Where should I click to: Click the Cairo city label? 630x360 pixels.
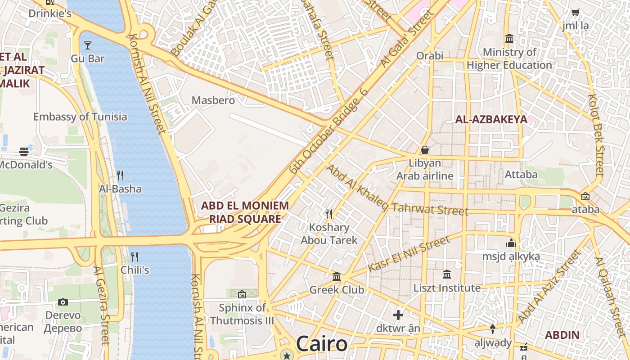click(x=322, y=344)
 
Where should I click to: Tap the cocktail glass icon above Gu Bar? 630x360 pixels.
click(x=88, y=45)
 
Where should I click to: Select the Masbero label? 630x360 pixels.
click(x=213, y=100)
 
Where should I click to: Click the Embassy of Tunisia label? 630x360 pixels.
click(x=80, y=117)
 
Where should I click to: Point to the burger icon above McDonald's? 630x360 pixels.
click(x=24, y=152)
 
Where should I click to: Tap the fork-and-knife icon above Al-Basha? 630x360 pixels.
click(x=120, y=175)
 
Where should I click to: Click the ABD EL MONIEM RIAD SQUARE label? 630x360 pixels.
click(x=245, y=212)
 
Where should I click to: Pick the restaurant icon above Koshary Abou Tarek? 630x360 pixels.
click(x=329, y=214)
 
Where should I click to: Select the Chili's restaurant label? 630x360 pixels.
click(x=135, y=270)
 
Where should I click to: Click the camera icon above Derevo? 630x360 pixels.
click(x=63, y=302)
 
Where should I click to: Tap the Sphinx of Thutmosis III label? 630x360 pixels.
click(x=242, y=315)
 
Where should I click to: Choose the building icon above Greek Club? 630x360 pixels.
click(x=337, y=276)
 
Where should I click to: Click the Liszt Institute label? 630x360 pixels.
click(x=447, y=288)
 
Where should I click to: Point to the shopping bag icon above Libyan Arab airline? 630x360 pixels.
click(x=424, y=149)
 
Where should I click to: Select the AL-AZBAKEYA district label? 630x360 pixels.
click(x=491, y=120)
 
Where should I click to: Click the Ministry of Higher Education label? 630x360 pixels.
click(x=509, y=59)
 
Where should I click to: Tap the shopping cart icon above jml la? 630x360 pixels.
click(x=575, y=13)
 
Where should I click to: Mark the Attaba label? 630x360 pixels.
click(x=521, y=174)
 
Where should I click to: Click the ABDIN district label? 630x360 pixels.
click(x=562, y=335)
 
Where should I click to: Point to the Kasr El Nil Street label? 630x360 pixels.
click(x=408, y=254)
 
